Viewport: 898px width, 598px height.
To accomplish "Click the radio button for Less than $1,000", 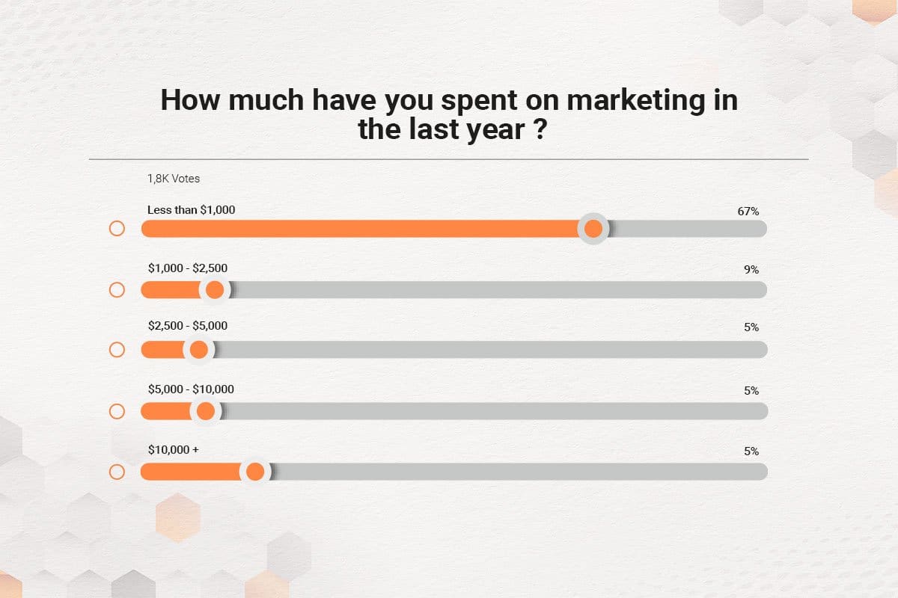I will pyautogui.click(x=117, y=229).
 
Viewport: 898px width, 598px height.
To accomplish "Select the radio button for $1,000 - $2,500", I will pyautogui.click(x=117, y=289).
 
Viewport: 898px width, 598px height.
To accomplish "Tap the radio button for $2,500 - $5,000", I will pyautogui.click(x=117, y=350).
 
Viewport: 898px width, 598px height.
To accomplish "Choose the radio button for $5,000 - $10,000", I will pyautogui.click(x=117, y=411).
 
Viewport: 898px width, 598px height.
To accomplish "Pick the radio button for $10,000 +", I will pyautogui.click(x=117, y=472).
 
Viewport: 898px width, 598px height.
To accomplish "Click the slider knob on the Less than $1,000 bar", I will pyautogui.click(x=593, y=229).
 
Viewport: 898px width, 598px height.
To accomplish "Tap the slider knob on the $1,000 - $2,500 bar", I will pyautogui.click(x=215, y=289).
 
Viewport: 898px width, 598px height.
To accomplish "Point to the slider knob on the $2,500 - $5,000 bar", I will pyautogui.click(x=199, y=350).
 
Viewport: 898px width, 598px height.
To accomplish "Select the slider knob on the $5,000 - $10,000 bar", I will pyautogui.click(x=205, y=411).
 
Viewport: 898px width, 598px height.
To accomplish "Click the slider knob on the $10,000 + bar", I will pyautogui.click(x=255, y=472).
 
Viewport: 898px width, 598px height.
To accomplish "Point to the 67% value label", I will pyautogui.click(x=748, y=212).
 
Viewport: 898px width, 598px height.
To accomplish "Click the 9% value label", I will pyautogui.click(x=751, y=269).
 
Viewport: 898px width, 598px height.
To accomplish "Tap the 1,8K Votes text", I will pyautogui.click(x=174, y=179).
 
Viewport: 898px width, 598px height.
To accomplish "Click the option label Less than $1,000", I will pyautogui.click(x=191, y=210).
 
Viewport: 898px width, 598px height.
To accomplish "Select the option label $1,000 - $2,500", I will pyautogui.click(x=187, y=268).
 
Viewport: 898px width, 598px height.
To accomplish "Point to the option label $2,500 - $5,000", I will pyautogui.click(x=187, y=326).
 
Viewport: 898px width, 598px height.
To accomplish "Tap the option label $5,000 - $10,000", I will pyautogui.click(x=191, y=389).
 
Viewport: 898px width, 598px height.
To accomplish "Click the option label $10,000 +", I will pyautogui.click(x=173, y=449).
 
